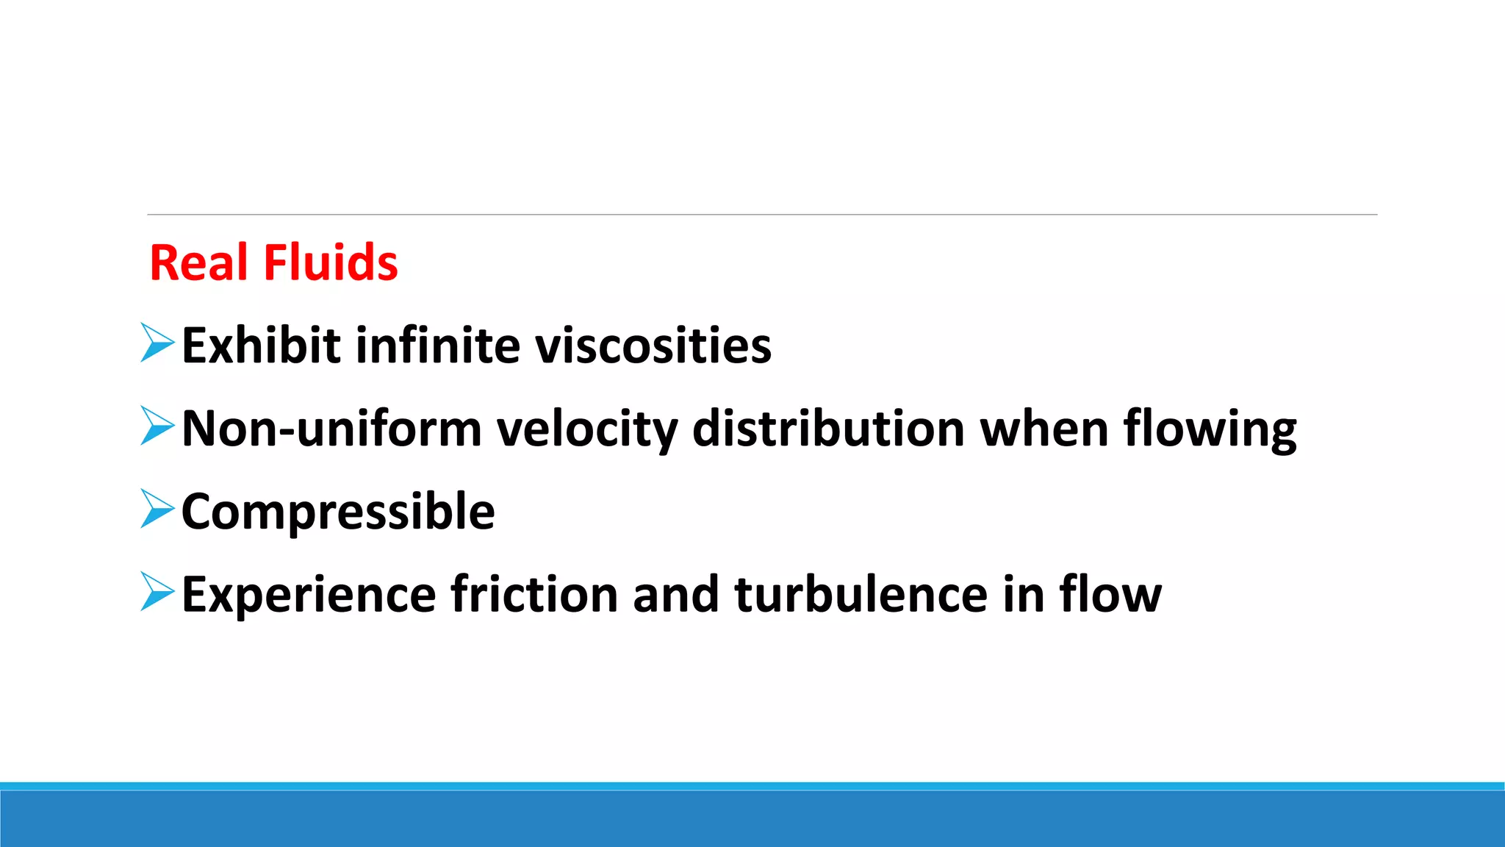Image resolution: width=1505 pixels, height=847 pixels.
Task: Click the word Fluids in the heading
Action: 331,262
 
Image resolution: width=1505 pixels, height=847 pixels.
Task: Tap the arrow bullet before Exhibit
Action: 157,343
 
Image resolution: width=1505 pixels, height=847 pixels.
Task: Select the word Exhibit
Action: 261,346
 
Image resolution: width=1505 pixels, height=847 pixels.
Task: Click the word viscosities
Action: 653,346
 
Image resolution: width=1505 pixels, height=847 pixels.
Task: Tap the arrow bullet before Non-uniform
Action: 157,426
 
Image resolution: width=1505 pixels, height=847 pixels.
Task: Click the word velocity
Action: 587,429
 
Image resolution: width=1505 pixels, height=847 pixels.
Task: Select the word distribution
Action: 828,429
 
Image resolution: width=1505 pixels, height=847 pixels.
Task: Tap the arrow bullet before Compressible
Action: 157,509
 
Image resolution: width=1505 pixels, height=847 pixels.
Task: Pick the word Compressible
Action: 338,511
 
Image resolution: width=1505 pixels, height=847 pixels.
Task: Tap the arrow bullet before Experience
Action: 157,592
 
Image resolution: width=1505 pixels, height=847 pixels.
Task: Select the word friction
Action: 534,594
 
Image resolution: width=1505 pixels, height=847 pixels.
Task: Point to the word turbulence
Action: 861,594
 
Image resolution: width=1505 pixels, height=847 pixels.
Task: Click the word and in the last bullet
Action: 675,594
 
